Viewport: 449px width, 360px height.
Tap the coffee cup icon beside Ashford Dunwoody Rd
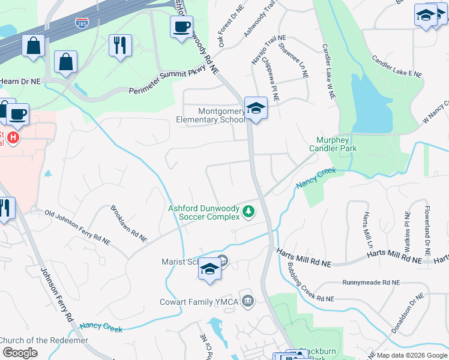[x=181, y=27]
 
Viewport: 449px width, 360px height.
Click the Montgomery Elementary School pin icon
[x=256, y=109]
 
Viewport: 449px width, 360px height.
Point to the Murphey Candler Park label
[x=333, y=144]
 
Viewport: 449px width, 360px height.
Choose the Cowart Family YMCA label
[x=200, y=302]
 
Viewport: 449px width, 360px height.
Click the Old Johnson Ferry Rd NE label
[x=70, y=224]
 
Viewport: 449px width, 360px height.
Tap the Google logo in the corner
[x=20, y=353]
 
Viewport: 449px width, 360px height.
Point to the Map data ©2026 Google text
[x=412, y=355]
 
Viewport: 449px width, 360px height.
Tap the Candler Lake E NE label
[x=397, y=67]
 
